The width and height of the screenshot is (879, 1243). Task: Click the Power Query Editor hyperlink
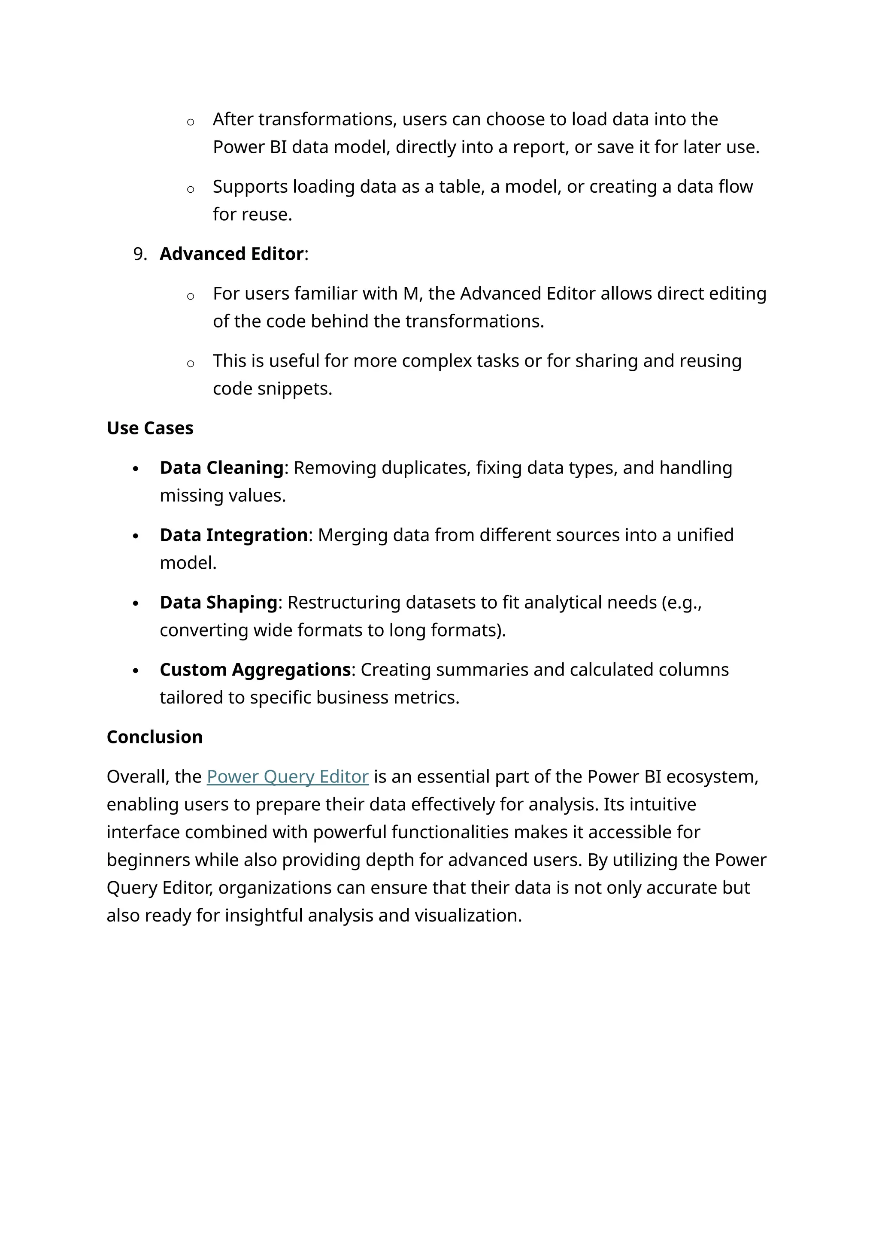point(288,777)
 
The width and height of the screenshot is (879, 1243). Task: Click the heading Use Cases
point(150,428)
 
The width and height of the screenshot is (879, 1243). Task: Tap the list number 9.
point(139,254)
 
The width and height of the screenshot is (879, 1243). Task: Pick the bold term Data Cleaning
point(221,468)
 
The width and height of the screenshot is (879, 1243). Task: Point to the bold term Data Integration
point(234,535)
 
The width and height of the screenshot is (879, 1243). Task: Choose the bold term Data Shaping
point(218,603)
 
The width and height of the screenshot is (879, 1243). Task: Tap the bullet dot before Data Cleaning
point(136,469)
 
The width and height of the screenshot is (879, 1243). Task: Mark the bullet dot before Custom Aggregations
point(136,671)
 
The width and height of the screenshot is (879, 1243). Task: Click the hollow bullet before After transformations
point(191,122)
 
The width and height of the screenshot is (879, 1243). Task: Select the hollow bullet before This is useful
point(191,363)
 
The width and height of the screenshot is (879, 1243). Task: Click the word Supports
point(250,187)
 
